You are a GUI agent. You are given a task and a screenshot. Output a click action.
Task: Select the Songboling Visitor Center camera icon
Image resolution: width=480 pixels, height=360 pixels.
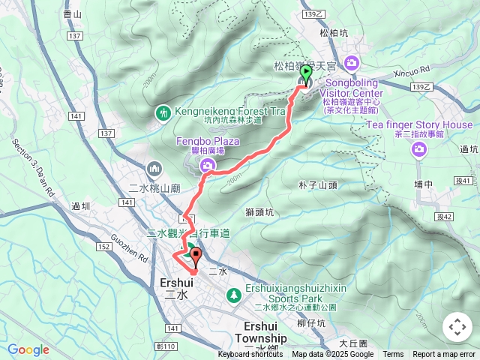352,62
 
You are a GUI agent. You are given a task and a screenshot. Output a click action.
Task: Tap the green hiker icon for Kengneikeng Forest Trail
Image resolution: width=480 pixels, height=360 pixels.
163,112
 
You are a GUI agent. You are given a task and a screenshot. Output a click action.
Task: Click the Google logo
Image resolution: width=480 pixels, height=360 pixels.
28,349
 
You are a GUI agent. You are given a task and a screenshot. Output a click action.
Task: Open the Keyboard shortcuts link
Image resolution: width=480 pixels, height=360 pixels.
250,355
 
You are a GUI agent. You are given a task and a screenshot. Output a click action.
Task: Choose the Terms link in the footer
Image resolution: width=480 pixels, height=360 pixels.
393,355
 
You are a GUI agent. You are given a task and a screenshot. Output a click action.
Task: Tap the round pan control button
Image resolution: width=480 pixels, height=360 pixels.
457,327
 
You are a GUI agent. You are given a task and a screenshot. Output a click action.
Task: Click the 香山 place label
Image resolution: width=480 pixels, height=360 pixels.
73,13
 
